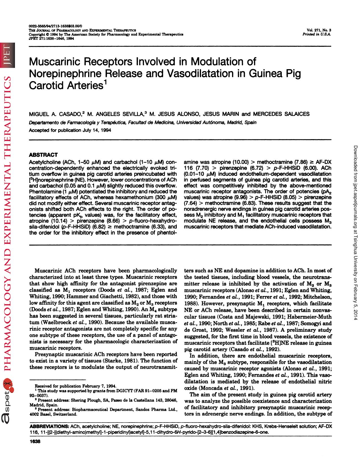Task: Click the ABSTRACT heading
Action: pos(43,155)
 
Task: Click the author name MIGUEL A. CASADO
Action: pos(55,114)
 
